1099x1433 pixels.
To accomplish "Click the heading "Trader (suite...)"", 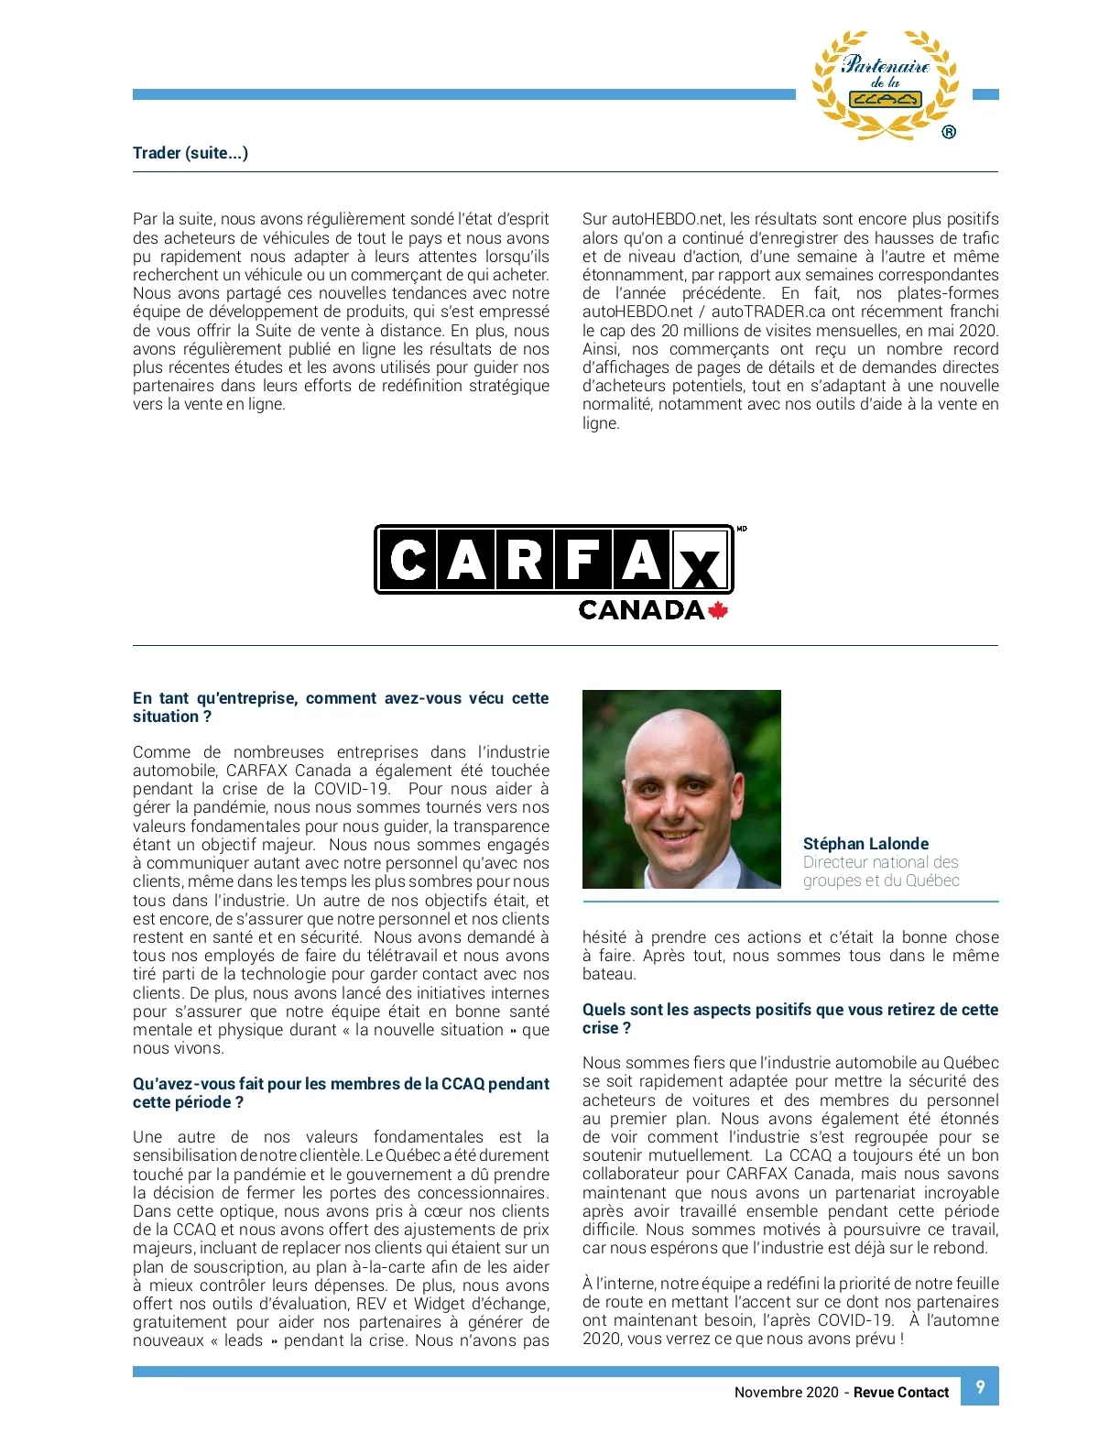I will click(190, 153).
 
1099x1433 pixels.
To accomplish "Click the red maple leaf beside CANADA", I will click(718, 610).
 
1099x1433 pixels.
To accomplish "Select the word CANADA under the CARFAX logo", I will click(641, 610).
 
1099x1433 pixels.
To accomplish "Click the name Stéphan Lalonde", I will click(865, 844).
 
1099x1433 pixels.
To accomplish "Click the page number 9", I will click(980, 1386).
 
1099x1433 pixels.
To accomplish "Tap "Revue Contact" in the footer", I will click(901, 1393).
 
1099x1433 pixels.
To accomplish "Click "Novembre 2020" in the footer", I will click(786, 1393).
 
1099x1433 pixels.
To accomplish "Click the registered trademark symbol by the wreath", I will click(949, 132).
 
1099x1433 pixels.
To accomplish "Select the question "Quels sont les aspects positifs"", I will click(789, 1010).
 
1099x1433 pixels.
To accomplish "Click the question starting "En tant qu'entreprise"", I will click(341, 698).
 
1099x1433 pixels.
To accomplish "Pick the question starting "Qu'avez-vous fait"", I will click(341, 1084).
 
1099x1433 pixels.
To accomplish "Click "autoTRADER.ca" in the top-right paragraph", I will click(768, 312).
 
